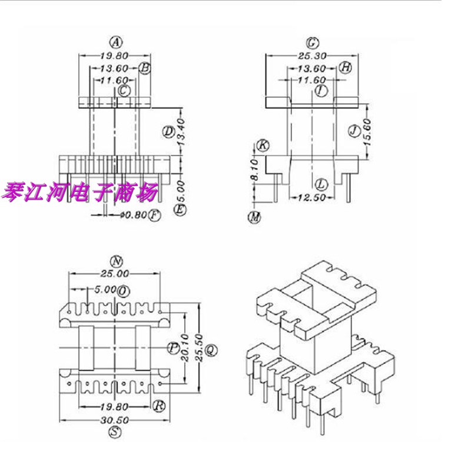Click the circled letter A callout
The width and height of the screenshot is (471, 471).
point(117,42)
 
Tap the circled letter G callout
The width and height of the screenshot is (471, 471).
point(312,43)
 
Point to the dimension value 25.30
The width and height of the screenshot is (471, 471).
point(313,57)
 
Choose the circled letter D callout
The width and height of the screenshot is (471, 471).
point(168,132)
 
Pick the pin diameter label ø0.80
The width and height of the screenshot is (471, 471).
point(133,215)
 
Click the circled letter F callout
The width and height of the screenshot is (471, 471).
point(154,215)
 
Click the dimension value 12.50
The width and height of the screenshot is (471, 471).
point(311,198)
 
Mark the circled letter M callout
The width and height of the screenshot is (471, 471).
point(254,218)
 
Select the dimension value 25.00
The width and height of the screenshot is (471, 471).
point(115,274)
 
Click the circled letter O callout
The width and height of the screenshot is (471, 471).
point(123,291)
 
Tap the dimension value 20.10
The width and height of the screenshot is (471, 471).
point(186,348)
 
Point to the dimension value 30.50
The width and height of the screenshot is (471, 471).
point(115,420)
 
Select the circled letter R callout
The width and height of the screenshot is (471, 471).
point(158,405)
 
